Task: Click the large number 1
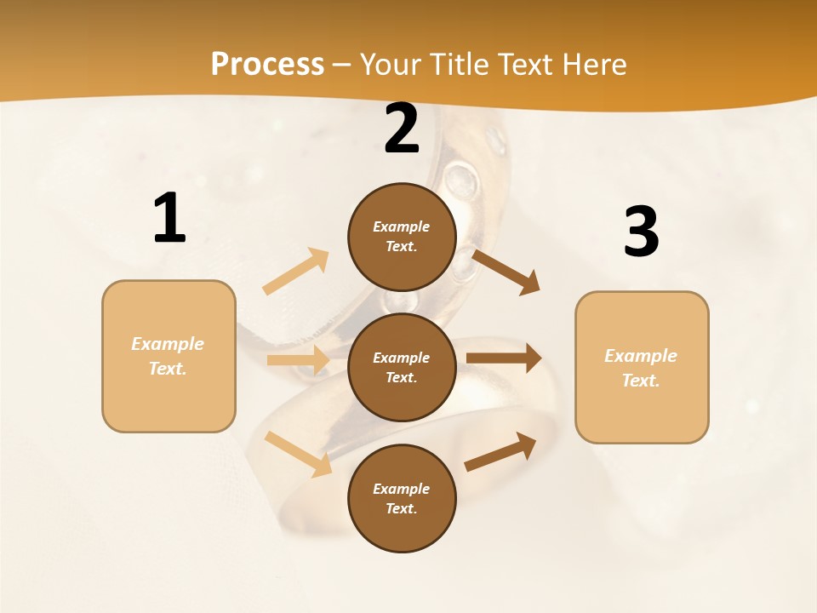169,218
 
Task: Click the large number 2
402,129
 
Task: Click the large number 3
641,232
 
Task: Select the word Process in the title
267,64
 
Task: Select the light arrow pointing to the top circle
295,272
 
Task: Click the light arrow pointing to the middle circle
298,360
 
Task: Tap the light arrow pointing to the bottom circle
299,454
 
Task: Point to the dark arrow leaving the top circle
506,272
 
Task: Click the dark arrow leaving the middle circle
504,358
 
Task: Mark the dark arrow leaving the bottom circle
500,452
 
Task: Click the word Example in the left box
168,344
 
